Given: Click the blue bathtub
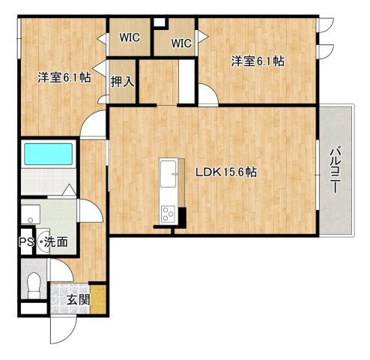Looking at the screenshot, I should point(47,154).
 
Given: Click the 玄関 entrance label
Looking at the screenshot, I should point(77,300).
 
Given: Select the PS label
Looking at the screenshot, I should point(25,242).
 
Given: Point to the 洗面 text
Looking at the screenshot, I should point(55,242).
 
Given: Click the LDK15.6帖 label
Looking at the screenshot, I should point(226,172).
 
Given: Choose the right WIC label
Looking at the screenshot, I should point(182,43).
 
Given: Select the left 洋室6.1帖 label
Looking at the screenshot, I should point(64,76).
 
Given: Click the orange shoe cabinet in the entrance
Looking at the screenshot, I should point(98,296).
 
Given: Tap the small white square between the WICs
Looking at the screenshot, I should point(158,20).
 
